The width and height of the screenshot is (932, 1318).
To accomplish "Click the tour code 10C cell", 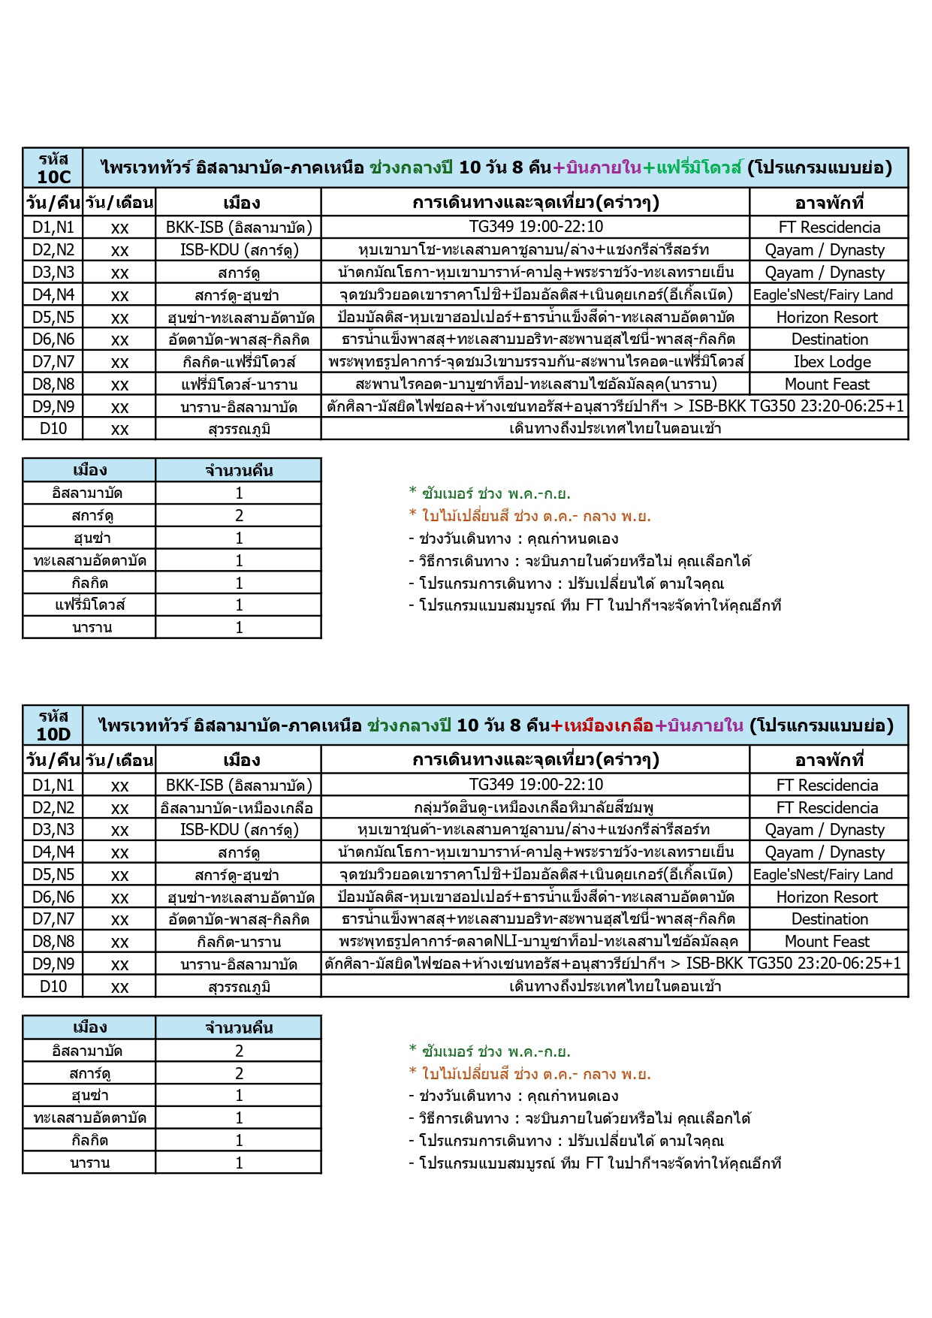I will pos(53,167).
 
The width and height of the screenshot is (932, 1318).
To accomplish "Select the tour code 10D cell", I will pos(53,725).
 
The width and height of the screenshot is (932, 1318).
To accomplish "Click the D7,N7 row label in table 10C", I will pos(53,362).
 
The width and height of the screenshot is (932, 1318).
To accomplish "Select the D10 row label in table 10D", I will pos(53,986).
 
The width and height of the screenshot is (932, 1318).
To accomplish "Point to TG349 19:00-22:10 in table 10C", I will pos(535,227).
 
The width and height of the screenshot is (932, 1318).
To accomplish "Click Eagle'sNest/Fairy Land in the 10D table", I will pos(823,875).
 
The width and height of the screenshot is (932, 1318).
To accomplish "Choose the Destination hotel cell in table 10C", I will pos(829,339).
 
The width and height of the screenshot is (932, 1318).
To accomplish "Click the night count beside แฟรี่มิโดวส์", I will pos(239,605).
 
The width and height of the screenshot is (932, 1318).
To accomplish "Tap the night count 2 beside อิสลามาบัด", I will pos(239,1051).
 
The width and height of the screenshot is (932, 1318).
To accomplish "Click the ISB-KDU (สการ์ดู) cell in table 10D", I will pos(239,830).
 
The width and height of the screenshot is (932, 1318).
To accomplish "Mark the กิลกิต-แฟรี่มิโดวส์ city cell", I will pos(239,362).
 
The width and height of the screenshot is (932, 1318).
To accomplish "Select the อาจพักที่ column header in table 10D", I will pos(829,760).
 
